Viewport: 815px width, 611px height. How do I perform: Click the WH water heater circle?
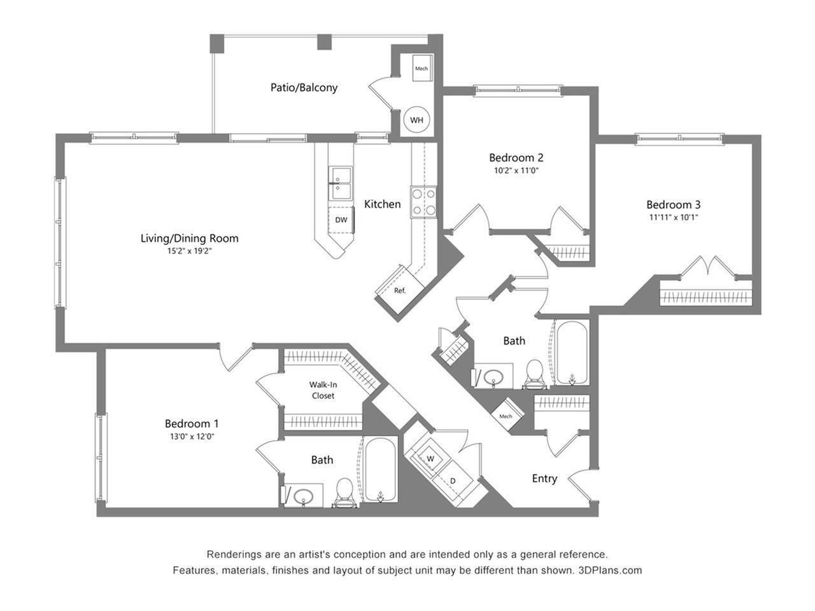click(x=416, y=120)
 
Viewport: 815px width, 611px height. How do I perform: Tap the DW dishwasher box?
click(x=341, y=220)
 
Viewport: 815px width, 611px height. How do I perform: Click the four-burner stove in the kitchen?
click(x=423, y=202)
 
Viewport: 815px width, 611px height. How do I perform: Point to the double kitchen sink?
click(x=341, y=183)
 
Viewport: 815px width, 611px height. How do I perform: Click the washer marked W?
click(x=430, y=458)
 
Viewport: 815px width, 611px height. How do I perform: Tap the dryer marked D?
click(x=453, y=481)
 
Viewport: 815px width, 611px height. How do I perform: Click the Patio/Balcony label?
click(x=304, y=88)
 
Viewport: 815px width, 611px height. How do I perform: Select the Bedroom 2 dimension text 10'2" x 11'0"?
click(x=516, y=171)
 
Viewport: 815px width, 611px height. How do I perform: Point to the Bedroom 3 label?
click(x=673, y=204)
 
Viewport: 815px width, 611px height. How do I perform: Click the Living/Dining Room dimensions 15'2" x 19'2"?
click(x=189, y=251)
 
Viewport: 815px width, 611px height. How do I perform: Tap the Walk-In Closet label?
click(x=323, y=390)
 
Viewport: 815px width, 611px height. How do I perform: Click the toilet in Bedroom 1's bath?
click(x=344, y=492)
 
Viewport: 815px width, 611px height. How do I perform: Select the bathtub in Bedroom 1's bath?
click(x=379, y=470)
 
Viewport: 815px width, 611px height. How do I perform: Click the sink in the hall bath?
click(x=493, y=377)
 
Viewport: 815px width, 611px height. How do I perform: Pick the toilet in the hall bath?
click(x=535, y=374)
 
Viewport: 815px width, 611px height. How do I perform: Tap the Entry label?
click(x=544, y=479)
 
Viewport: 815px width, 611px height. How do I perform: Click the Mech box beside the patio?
click(x=422, y=68)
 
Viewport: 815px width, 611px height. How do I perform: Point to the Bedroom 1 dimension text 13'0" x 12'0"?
click(x=192, y=436)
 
